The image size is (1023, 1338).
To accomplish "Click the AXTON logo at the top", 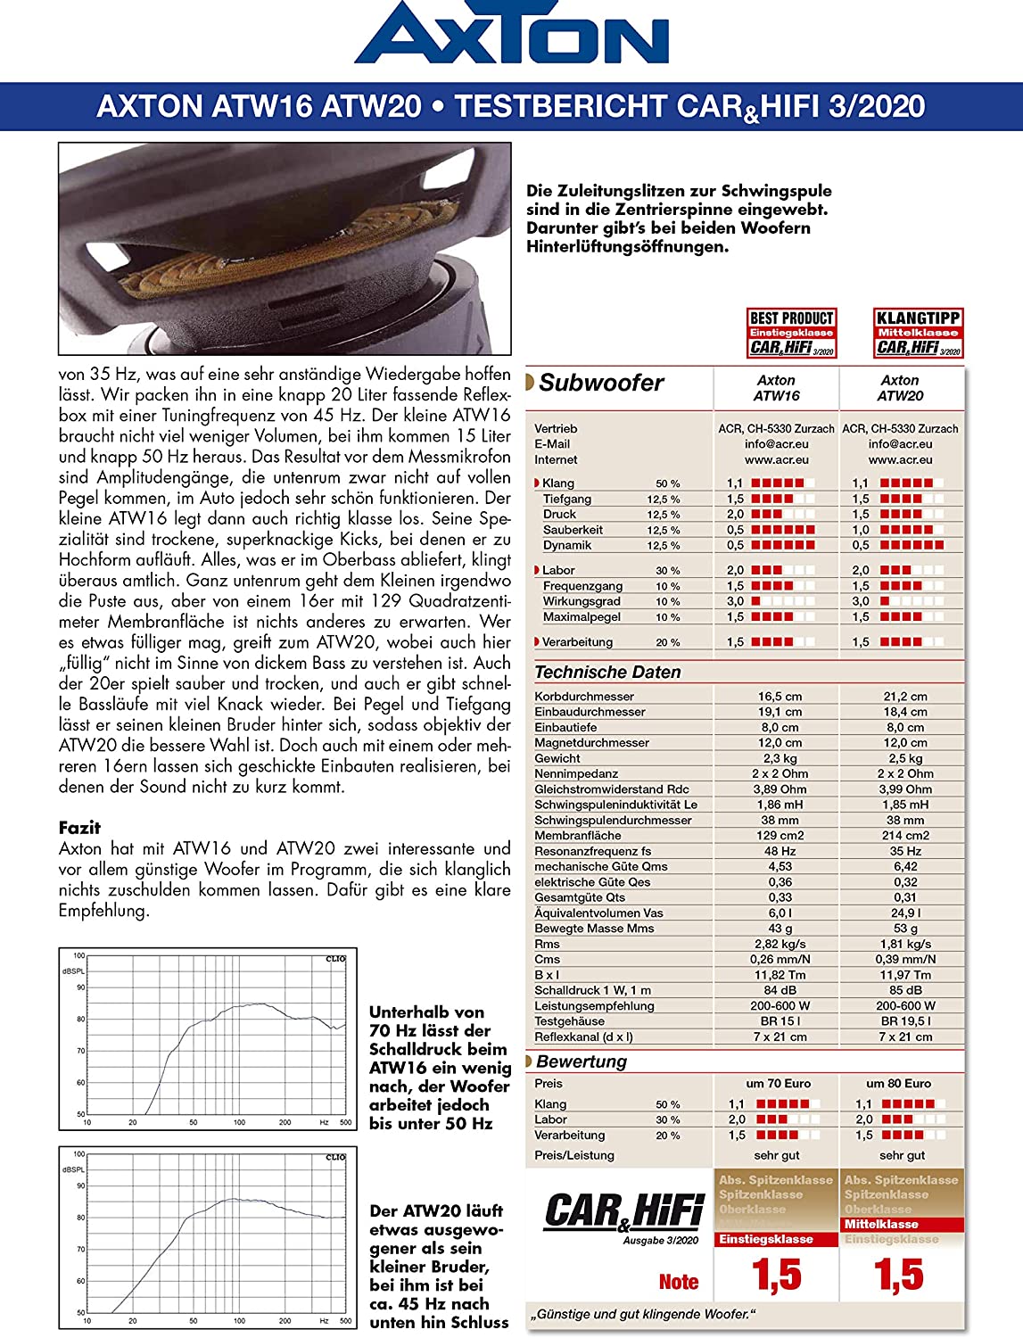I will pyautogui.click(x=511, y=36).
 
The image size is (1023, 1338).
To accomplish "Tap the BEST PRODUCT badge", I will pyautogui.click(x=791, y=333).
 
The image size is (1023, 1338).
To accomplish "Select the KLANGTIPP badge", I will pyautogui.click(x=918, y=333).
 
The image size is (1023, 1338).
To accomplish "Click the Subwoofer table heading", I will pyautogui.click(x=601, y=383).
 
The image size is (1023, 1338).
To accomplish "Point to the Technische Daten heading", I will pyautogui.click(x=607, y=672).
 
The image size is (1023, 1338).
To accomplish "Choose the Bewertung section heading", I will pyautogui.click(x=582, y=1061).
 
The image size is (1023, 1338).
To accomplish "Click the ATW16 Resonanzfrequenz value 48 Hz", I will pyautogui.click(x=780, y=851).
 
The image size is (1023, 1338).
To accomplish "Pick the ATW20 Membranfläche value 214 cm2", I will pyautogui.click(x=905, y=836).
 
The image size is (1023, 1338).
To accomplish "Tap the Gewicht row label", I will pyautogui.click(x=557, y=758).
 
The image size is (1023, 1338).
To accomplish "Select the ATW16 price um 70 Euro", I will pyautogui.click(x=779, y=1084).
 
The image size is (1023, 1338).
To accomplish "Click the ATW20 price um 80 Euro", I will pyautogui.click(x=899, y=1084).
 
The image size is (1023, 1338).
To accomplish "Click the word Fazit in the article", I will pyautogui.click(x=79, y=828).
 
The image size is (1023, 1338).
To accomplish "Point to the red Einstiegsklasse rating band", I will pyautogui.click(x=766, y=1239).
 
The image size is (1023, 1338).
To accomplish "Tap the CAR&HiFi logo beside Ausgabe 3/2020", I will pyautogui.click(x=624, y=1211).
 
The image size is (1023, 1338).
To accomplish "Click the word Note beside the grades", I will pyautogui.click(x=679, y=1282).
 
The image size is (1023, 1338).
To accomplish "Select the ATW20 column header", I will pyautogui.click(x=900, y=388).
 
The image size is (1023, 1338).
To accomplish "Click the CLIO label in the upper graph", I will pyautogui.click(x=335, y=959).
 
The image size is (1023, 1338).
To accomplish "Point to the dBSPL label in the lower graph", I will pyautogui.click(x=74, y=1169).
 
